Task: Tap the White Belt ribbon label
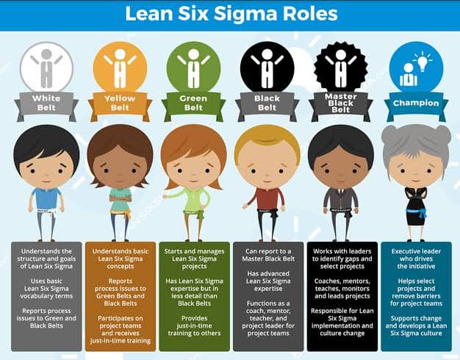(x=46, y=103)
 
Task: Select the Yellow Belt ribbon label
(x=120, y=103)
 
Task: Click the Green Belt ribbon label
(x=193, y=103)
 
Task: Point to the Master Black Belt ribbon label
(x=341, y=103)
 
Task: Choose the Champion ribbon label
(x=416, y=103)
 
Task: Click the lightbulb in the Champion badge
(x=422, y=62)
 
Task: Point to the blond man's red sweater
(x=267, y=199)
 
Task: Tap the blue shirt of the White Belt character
(x=46, y=198)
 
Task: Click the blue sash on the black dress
(x=417, y=212)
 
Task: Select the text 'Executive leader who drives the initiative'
(x=416, y=259)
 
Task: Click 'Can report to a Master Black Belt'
(x=268, y=255)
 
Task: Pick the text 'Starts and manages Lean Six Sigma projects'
(x=194, y=259)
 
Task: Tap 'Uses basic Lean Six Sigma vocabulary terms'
(x=46, y=289)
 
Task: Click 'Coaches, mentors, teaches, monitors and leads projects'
(x=342, y=289)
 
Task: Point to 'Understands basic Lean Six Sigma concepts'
(x=121, y=259)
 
